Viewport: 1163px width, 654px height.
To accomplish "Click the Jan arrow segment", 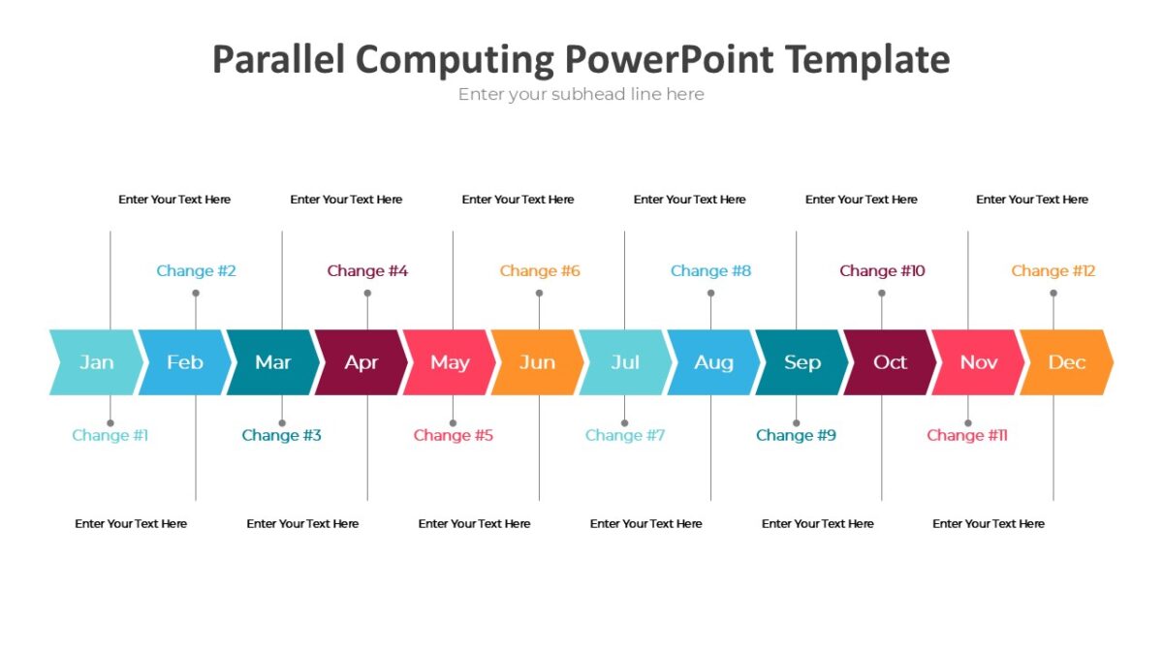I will click(96, 362).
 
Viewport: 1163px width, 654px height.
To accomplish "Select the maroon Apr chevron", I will click(361, 362).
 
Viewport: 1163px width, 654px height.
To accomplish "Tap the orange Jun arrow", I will click(537, 362).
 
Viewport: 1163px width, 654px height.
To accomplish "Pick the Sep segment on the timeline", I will click(802, 362).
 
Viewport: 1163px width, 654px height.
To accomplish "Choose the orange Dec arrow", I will click(1066, 362).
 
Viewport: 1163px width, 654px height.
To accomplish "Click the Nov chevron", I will click(978, 362).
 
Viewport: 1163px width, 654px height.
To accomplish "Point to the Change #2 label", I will click(196, 271).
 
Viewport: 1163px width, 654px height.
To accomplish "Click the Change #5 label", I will click(453, 436).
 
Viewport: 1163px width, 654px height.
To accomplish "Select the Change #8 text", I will click(710, 271).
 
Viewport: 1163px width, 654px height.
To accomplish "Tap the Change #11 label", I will click(966, 436).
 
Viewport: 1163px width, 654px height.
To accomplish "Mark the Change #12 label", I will click(1053, 271).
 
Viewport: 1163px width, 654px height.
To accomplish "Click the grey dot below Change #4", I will click(367, 293).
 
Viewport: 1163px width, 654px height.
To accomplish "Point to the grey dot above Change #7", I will click(624, 423).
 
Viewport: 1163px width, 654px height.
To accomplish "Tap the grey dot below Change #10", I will click(882, 293).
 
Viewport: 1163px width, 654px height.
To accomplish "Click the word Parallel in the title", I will click(278, 60).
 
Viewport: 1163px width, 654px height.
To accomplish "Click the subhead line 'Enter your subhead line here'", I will click(581, 95).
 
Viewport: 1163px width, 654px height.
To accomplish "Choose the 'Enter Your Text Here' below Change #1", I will click(131, 524).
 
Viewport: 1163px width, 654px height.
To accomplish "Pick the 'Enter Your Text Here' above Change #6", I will click(518, 200).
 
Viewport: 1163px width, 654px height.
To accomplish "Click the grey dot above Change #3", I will click(282, 423).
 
